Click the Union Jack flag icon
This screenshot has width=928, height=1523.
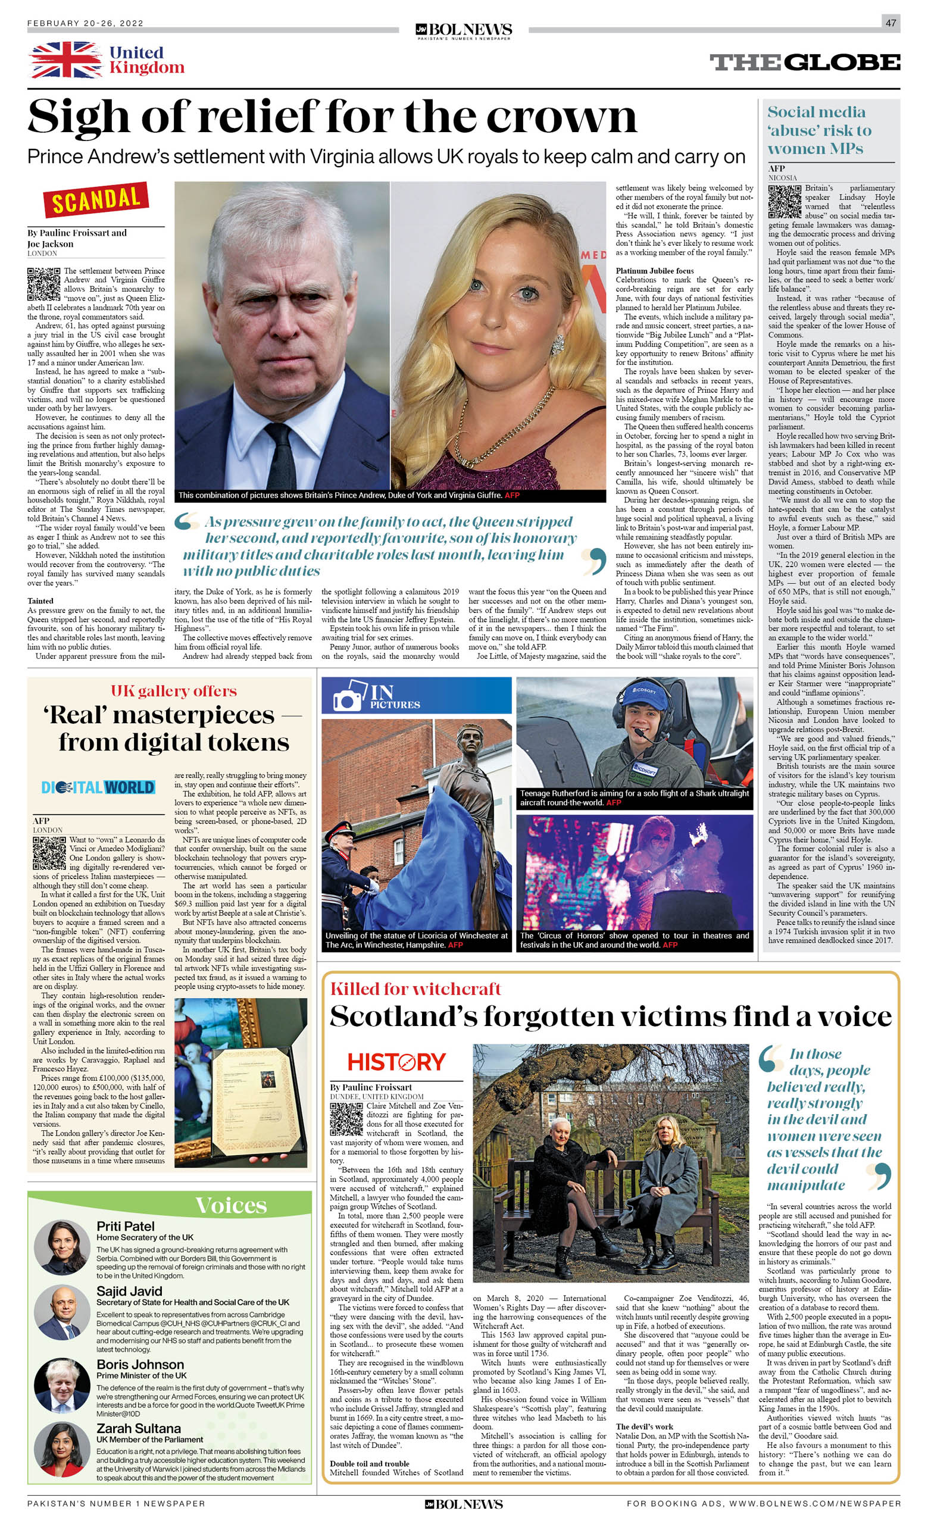tap(65, 60)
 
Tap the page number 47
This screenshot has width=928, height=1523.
tap(890, 23)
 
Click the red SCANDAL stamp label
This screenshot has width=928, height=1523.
tap(96, 199)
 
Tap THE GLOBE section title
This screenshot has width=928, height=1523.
tap(804, 62)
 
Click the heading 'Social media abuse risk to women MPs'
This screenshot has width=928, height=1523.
tap(819, 130)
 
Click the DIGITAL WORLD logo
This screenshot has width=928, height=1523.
tap(98, 787)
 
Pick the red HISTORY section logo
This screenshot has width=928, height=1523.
tap(396, 1062)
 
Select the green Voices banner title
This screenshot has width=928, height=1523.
tap(230, 1205)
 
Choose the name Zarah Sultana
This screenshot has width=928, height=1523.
tap(139, 1428)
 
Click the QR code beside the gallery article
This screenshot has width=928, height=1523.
tap(49, 853)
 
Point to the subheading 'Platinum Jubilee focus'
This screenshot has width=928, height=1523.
tap(654, 271)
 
